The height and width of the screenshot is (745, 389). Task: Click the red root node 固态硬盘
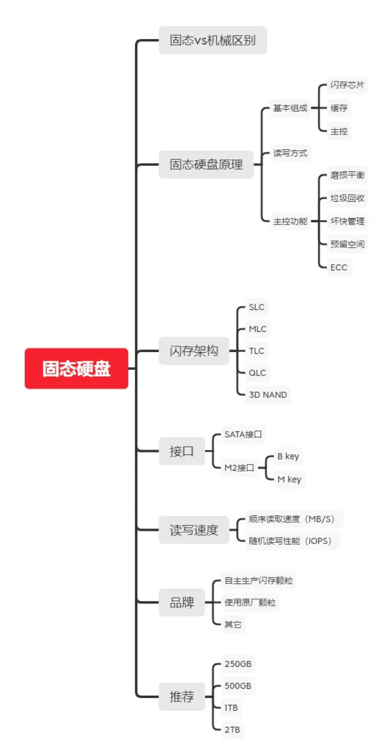click(x=76, y=369)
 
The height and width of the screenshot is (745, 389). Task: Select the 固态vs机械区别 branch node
click(x=213, y=40)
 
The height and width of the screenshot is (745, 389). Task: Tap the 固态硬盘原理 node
click(x=206, y=164)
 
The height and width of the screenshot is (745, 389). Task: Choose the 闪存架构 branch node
click(x=194, y=350)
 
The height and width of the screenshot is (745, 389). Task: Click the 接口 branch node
click(x=182, y=451)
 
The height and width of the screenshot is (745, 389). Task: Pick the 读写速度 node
click(x=194, y=530)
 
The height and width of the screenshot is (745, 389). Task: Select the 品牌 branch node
click(x=182, y=603)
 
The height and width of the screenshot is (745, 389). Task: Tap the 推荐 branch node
click(x=182, y=697)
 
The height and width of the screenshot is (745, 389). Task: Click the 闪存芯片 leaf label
click(x=347, y=85)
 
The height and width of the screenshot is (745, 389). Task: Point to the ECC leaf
click(x=338, y=267)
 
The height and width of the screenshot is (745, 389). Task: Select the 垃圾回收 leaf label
click(x=347, y=198)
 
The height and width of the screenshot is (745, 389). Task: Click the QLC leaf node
click(x=257, y=373)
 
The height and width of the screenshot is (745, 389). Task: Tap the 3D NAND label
click(x=267, y=395)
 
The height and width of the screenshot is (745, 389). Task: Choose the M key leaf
click(x=289, y=479)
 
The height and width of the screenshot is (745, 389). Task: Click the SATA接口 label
click(x=243, y=434)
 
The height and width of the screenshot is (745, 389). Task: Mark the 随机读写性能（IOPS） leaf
click(x=290, y=541)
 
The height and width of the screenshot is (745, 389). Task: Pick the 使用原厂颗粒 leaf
click(x=250, y=603)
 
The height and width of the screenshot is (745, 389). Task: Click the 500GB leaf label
click(x=238, y=686)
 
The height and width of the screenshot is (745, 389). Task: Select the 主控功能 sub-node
click(x=290, y=221)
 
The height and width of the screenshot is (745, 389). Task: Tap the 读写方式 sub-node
click(x=290, y=153)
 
